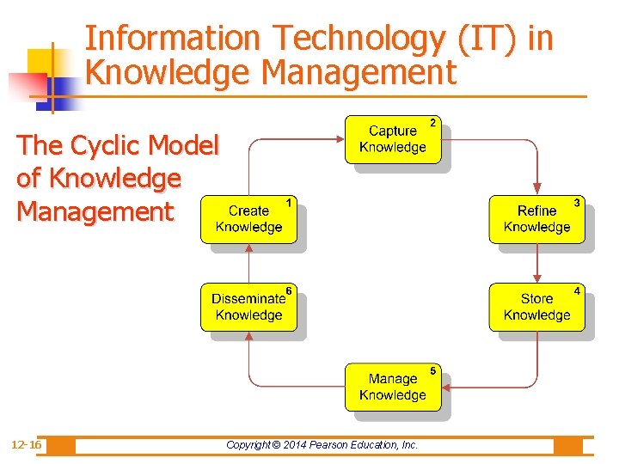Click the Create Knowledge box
248,219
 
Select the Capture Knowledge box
392,139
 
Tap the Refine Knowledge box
536,219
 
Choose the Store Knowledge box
536,307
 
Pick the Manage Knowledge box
392,387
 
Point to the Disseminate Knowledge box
248,307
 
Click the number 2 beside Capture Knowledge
432,123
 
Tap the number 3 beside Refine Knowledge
577,203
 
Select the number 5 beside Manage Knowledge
432,370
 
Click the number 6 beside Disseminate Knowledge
289,290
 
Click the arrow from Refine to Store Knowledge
537,263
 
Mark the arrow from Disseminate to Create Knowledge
248,263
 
